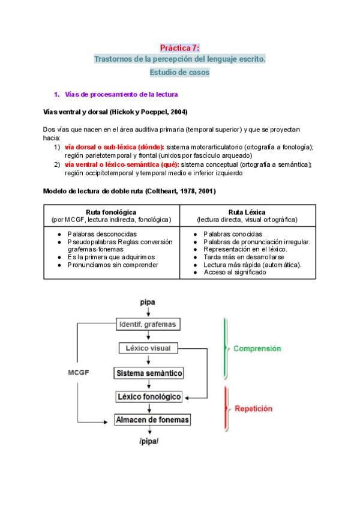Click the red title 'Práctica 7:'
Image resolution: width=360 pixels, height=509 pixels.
coord(179,48)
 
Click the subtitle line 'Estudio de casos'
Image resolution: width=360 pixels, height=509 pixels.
coord(179,73)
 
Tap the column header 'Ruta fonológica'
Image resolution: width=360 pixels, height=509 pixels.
coord(111,212)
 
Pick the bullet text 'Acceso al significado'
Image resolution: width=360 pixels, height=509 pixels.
coord(235,272)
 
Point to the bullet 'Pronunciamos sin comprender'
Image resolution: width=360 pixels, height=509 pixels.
coord(113,264)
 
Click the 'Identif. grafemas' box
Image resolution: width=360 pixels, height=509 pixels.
coord(148,325)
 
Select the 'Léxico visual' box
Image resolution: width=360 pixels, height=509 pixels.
coord(148,348)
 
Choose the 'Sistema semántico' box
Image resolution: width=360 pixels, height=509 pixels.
coord(149,373)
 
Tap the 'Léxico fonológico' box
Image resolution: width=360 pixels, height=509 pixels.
coord(149,397)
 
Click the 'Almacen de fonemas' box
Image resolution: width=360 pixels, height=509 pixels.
coord(152,420)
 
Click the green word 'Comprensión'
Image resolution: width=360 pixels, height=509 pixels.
coord(257,348)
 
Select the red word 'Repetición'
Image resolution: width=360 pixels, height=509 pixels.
coord(254,408)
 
